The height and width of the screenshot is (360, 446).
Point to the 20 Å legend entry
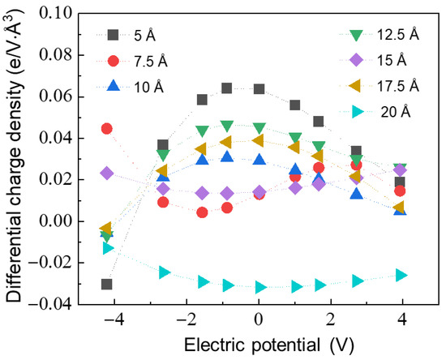(x=389, y=112)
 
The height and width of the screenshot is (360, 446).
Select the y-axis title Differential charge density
(x=18, y=154)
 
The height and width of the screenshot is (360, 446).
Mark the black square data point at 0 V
(x=259, y=89)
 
